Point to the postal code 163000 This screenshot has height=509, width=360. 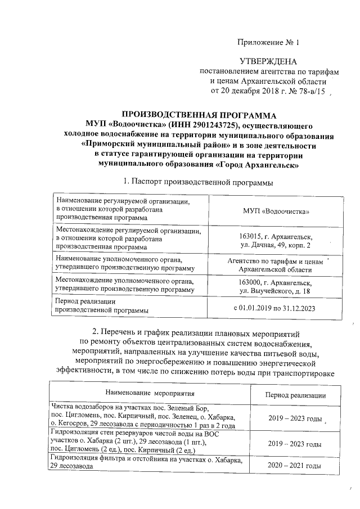pyautogui.click(x=251, y=282)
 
